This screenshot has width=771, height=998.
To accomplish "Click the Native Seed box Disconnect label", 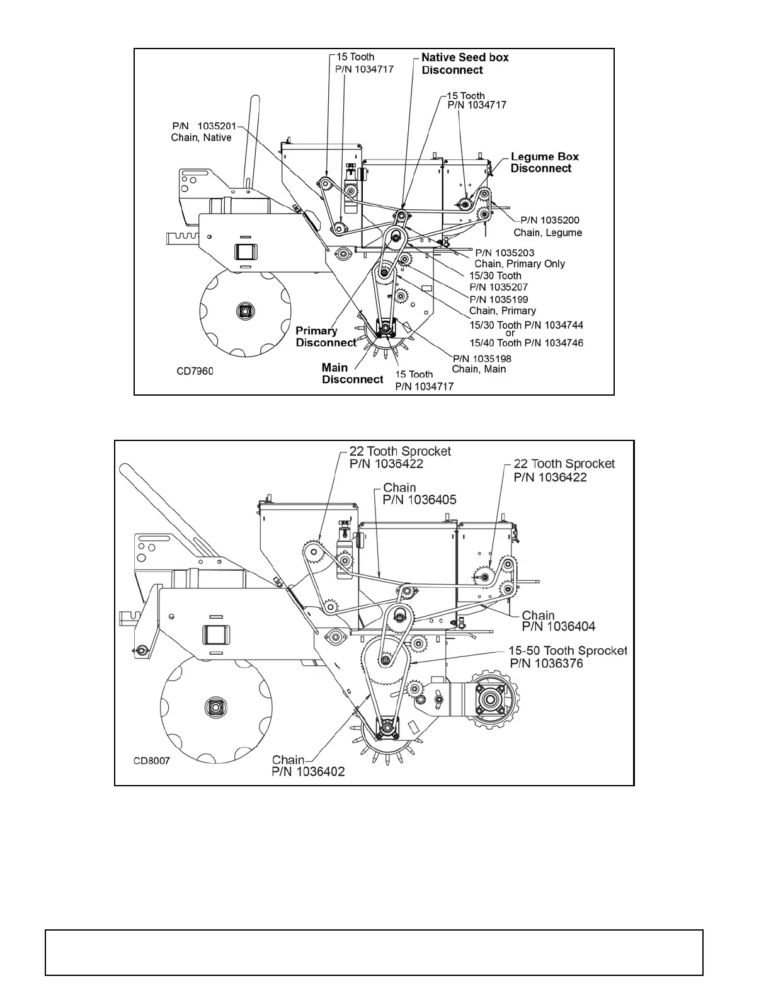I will [465, 64].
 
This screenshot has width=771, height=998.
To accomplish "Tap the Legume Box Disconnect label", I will [544, 163].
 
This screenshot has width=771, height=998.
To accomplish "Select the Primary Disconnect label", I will [326, 337].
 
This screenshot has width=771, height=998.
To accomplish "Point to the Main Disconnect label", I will [352, 374].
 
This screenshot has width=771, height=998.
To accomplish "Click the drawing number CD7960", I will [195, 371].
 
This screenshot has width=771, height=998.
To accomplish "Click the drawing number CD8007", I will [151, 760].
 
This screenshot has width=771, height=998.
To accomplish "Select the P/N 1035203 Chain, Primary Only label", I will [519, 258].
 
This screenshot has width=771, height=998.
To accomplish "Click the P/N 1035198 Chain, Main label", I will [482, 364].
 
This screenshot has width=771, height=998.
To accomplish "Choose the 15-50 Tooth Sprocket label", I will [568, 657].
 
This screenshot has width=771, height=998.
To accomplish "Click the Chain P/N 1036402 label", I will [308, 766].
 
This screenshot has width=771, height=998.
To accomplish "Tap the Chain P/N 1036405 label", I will [419, 493].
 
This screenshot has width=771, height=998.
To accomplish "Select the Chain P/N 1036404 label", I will [558, 621].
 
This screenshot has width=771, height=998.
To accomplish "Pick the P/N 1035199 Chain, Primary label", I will [502, 305].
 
